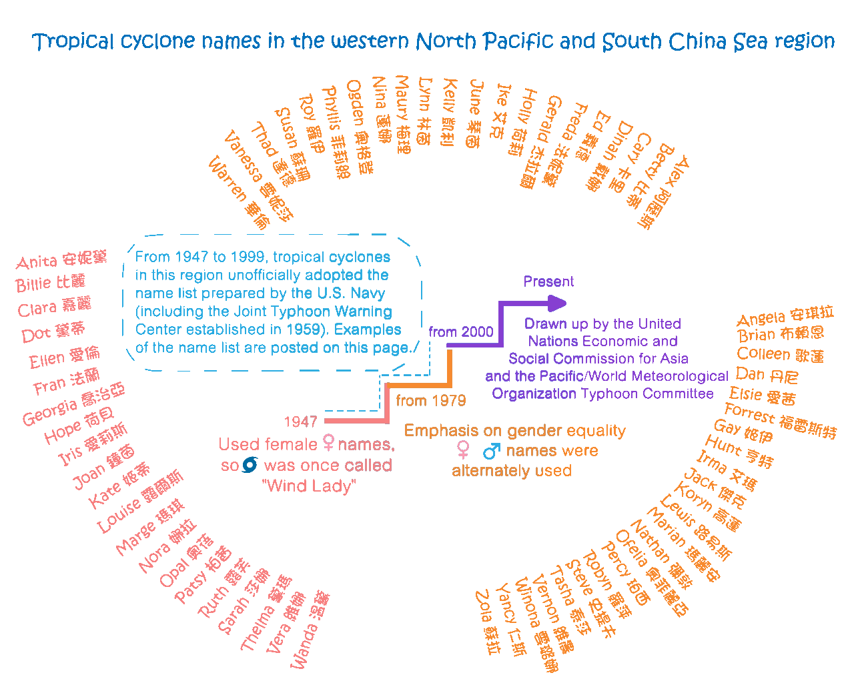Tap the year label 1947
tap(301, 422)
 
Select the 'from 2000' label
tap(461, 332)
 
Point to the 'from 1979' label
tap(430, 401)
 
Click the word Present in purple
tap(548, 281)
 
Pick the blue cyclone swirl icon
tap(250, 465)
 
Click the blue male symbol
tap(491, 452)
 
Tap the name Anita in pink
tap(37, 262)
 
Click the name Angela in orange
tap(761, 317)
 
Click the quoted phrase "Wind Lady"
tap(310, 486)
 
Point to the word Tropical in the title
tap(74, 42)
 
